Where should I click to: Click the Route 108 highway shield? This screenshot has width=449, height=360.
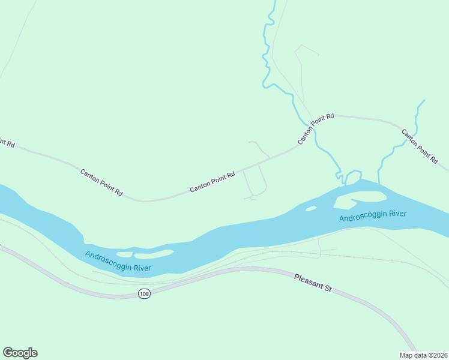pyautogui.click(x=143, y=293)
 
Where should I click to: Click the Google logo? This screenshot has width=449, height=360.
pyautogui.click(x=20, y=353)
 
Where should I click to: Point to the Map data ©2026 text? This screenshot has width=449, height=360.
pyautogui.click(x=423, y=355)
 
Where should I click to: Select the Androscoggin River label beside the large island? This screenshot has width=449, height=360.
pyautogui.click(x=372, y=216)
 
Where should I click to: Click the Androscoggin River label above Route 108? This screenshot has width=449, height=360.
pyautogui.click(x=118, y=261)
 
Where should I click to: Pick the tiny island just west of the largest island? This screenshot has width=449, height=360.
pyautogui.click(x=310, y=208)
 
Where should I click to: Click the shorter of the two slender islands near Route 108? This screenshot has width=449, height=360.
pyautogui.click(x=124, y=254)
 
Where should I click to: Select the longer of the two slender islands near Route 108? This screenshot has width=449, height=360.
pyautogui.click(x=154, y=253)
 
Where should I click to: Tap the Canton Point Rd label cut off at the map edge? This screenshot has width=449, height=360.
pyautogui.click(x=6, y=142)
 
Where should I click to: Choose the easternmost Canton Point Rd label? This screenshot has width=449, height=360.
pyautogui.click(x=419, y=146)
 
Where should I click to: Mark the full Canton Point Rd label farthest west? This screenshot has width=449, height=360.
pyautogui.click(x=101, y=183)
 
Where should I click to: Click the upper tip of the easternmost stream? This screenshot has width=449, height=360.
pyautogui.click(x=424, y=100)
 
